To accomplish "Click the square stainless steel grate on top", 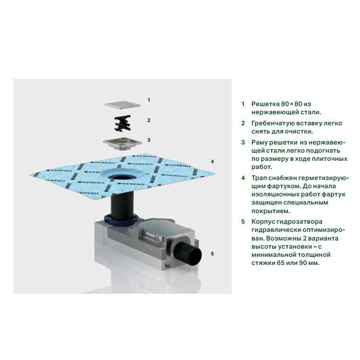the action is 122,105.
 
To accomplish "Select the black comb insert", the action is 122,123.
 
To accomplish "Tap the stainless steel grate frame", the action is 122,144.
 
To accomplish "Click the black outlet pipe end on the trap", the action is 188,254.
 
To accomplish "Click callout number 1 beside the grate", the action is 149,100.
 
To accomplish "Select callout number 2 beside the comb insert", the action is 149,120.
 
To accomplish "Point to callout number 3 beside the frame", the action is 149,140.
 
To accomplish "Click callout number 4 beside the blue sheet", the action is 212,162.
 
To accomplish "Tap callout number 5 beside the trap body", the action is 212,254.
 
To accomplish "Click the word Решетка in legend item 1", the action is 265,104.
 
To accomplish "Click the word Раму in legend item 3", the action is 259,143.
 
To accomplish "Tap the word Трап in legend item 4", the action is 259,178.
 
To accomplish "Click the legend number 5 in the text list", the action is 243,222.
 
